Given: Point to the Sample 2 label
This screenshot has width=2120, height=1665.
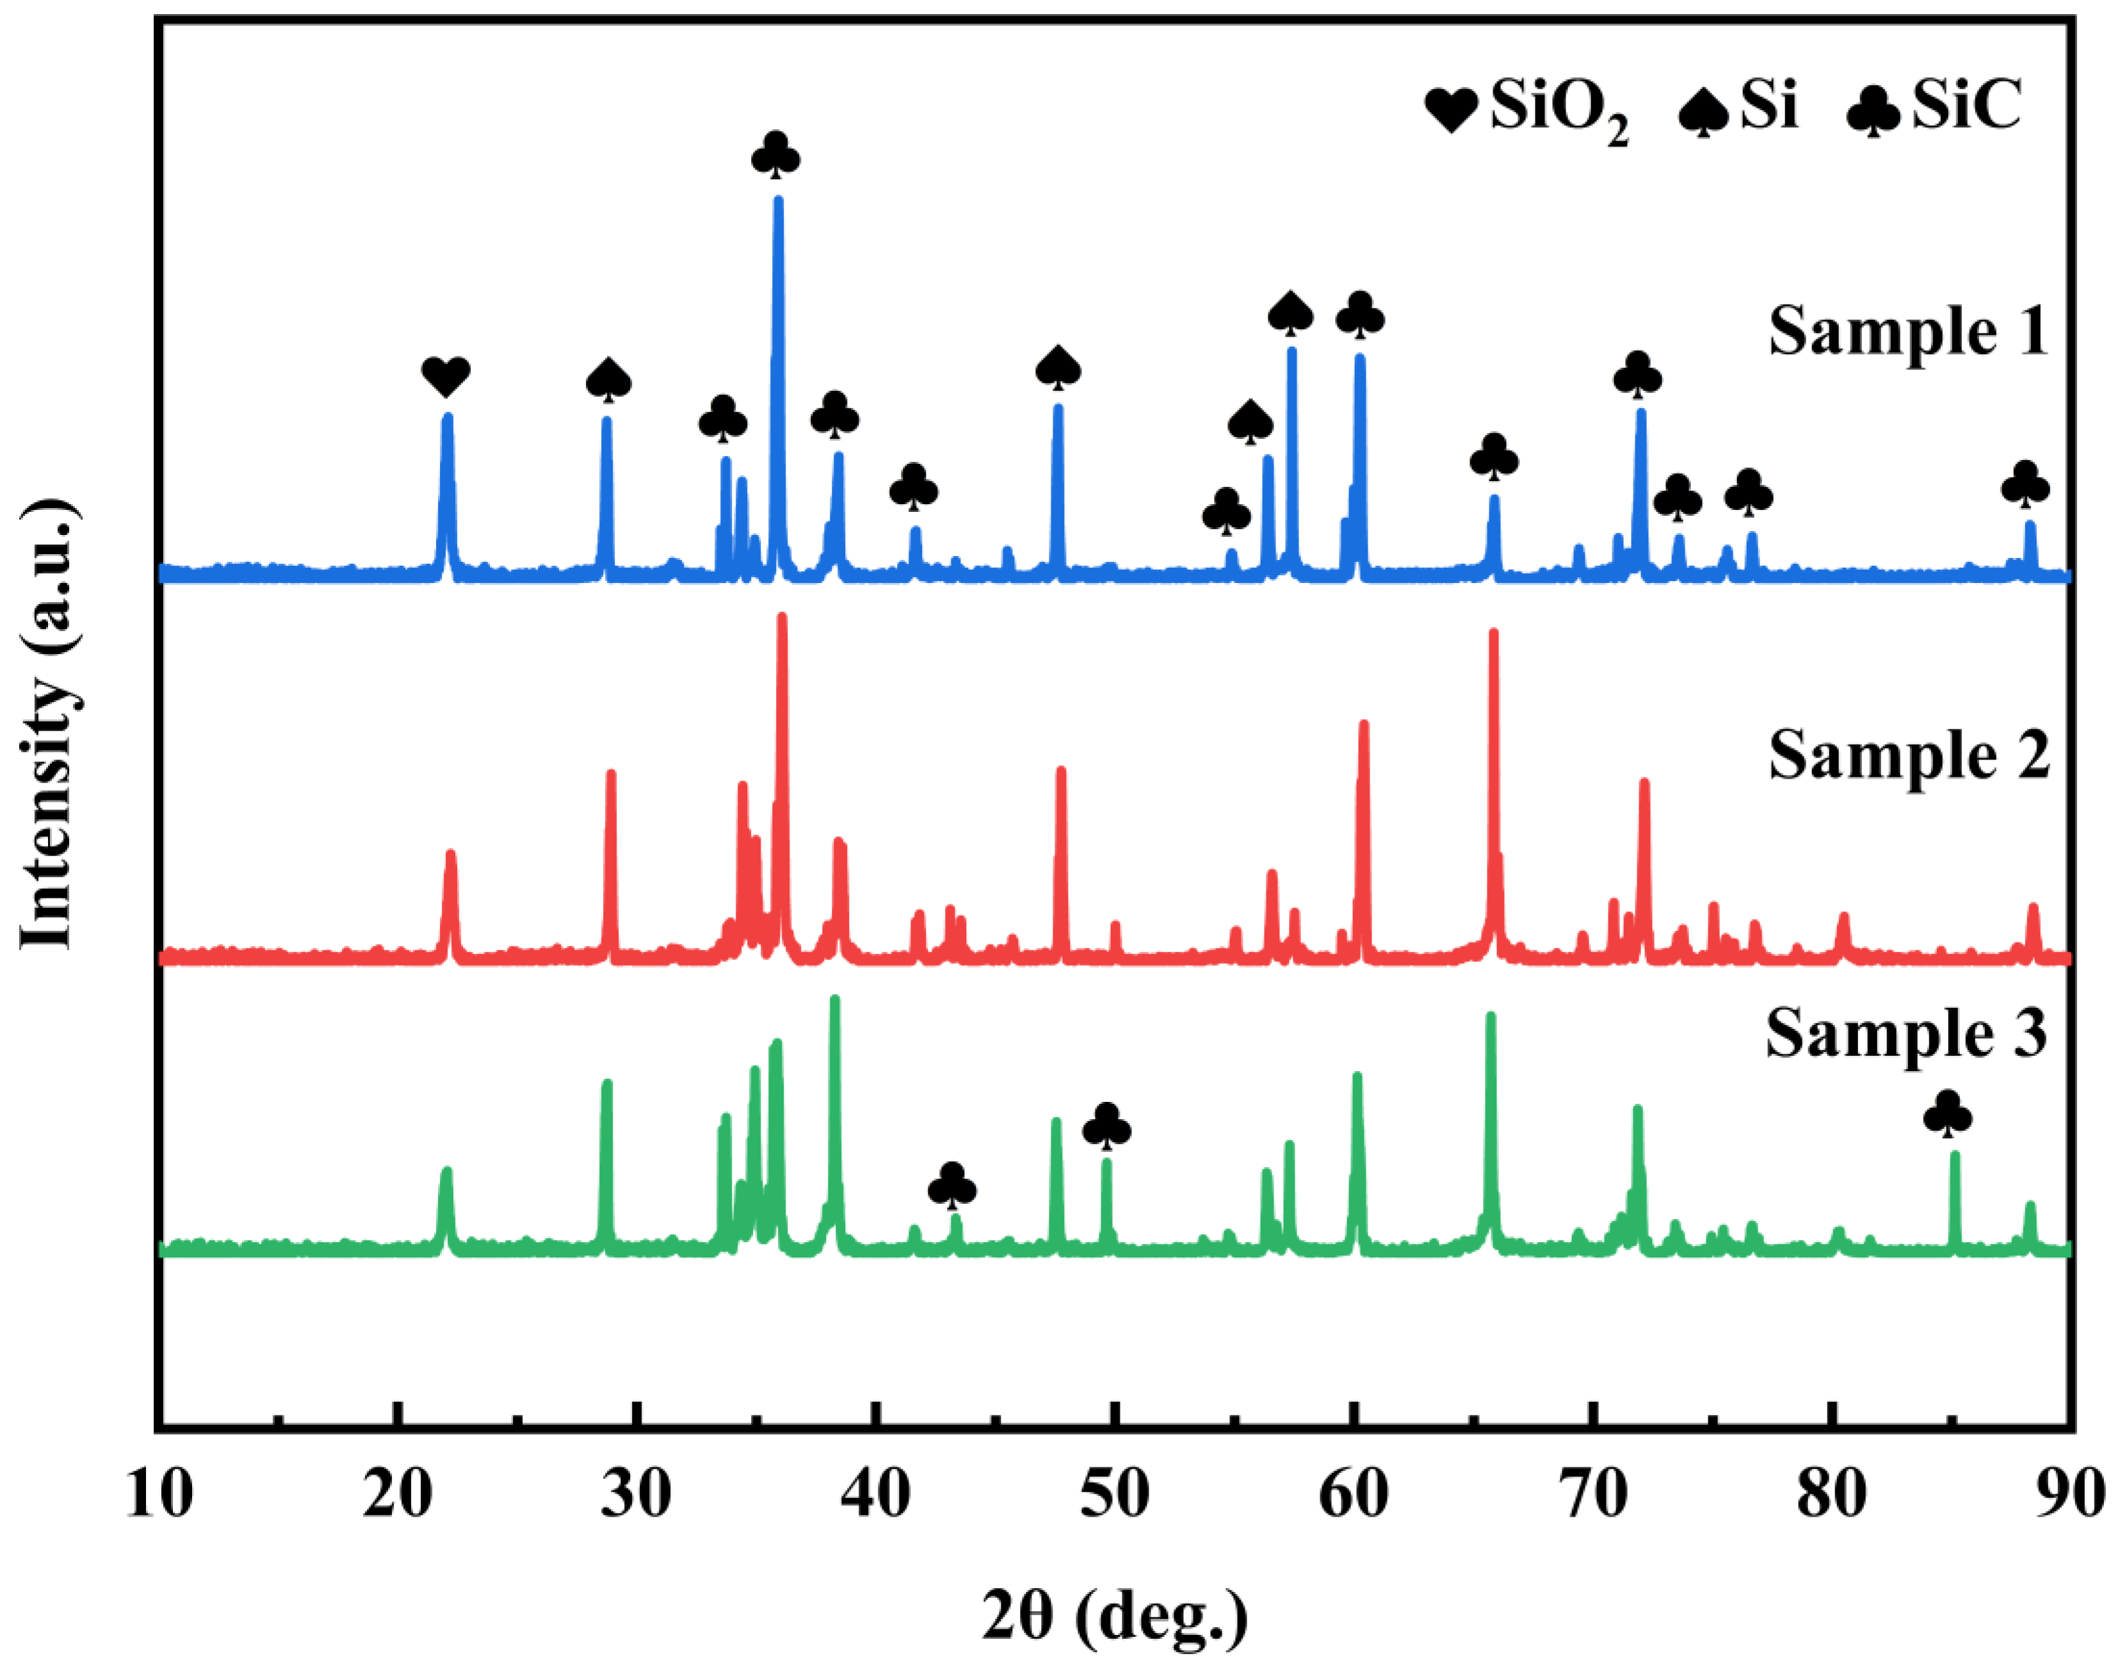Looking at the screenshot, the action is (1909, 756).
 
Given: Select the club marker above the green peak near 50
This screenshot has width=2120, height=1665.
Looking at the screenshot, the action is (1107, 1127).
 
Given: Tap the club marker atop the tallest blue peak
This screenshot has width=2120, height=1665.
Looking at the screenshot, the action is (776, 156).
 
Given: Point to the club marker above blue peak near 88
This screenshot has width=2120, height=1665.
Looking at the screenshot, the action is (2025, 484).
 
